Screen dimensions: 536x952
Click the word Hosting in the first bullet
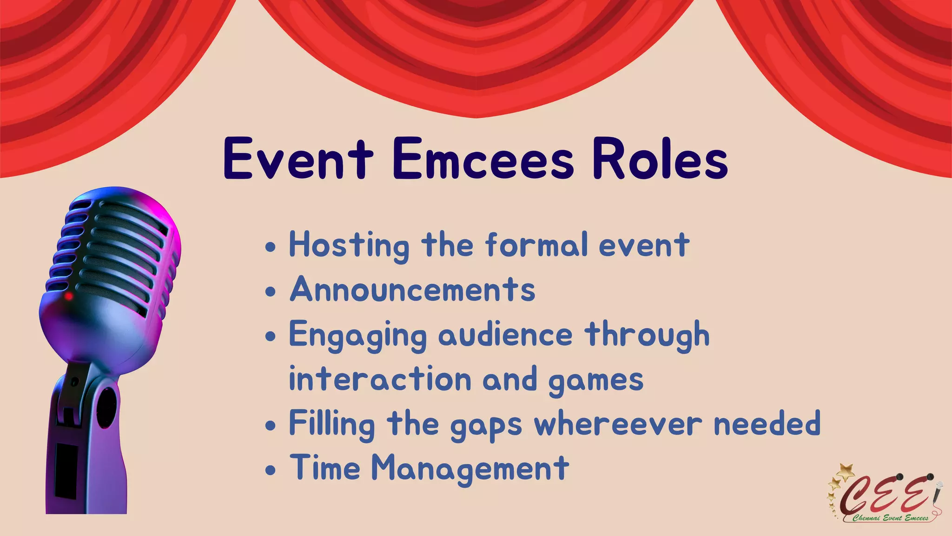tap(349, 245)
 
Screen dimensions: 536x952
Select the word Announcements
tap(412, 289)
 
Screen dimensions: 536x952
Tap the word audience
tap(505, 335)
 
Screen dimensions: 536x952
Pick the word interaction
tap(380, 379)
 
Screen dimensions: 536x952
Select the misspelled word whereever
tap(618, 424)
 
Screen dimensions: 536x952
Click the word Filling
tap(332, 424)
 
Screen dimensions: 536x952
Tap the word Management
tap(470, 468)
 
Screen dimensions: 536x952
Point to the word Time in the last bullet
tap(325, 467)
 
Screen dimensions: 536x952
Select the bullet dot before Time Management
tap(271, 470)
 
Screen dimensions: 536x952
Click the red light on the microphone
tap(68, 296)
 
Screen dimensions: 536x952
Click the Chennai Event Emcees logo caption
tap(890, 518)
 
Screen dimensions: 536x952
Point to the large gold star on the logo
tap(846, 472)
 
